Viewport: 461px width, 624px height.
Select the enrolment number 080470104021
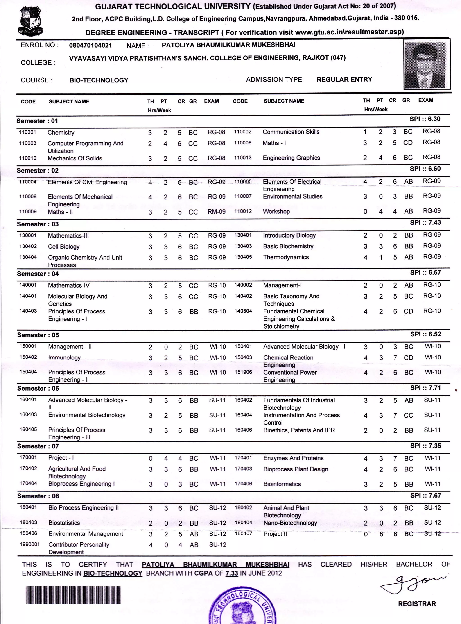(90, 46)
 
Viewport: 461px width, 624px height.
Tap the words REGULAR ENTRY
(344, 80)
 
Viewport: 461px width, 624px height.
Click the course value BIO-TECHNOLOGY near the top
(99, 80)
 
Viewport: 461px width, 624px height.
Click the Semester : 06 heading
(38, 388)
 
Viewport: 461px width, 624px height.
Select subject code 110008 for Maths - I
(242, 143)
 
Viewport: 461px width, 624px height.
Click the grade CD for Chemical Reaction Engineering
(408, 358)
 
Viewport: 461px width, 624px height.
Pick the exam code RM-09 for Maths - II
(217, 212)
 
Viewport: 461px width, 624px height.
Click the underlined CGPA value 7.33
(232, 574)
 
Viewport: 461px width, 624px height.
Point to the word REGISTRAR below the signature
(417, 604)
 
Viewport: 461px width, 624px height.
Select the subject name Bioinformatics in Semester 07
(282, 484)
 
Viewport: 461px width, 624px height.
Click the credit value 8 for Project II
(395, 534)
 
